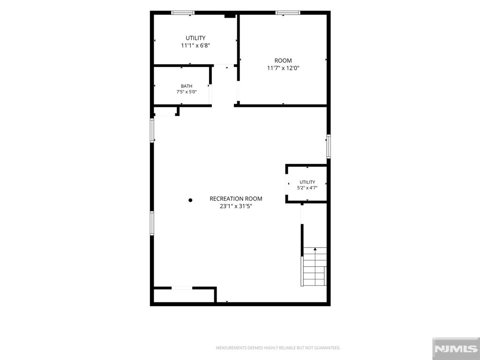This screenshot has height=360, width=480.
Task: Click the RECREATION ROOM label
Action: [236, 199]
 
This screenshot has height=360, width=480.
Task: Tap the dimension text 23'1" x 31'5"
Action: [236, 206]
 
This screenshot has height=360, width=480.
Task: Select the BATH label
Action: [187, 86]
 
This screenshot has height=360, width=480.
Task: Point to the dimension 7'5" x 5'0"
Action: [187, 92]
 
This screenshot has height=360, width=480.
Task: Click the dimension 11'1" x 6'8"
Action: [195, 45]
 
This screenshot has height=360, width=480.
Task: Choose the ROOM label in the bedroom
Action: [283, 60]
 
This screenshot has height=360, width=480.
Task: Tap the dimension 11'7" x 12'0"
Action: [283, 68]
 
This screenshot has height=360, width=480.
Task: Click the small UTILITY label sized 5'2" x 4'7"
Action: [307, 182]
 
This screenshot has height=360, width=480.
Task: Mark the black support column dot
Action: [190, 200]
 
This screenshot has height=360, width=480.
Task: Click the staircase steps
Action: [315, 266]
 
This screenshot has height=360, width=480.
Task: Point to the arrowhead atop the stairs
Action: [315, 249]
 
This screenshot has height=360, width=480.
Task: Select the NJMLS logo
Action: [456, 349]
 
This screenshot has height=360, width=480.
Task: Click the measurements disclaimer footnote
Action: [278, 348]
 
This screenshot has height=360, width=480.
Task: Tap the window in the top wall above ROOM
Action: [288, 13]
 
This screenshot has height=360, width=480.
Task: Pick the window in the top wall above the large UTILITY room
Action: [183, 13]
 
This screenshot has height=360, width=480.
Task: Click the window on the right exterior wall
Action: [329, 146]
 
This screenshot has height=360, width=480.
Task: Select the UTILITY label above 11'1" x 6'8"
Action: [195, 38]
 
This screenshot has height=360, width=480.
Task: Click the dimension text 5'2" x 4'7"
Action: [307, 188]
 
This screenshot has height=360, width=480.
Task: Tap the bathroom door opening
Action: [210, 94]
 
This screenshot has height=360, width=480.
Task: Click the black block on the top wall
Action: [230, 15]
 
